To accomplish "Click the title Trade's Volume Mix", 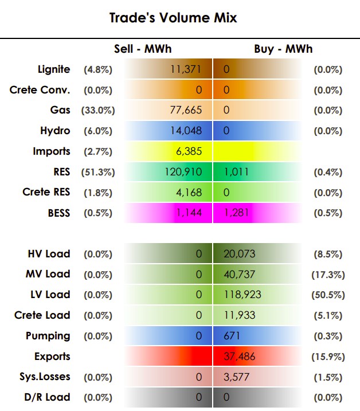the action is click(x=173, y=18).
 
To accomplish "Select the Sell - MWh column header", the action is click(x=143, y=49).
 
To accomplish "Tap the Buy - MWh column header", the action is click(x=283, y=49).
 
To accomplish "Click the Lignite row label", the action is click(x=54, y=69).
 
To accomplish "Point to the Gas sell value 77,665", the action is click(x=186, y=110).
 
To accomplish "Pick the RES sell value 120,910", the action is click(x=183, y=172).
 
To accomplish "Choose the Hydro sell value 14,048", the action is click(x=186, y=131).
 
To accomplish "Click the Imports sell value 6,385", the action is click(x=189, y=151).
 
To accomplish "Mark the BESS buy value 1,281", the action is click(x=236, y=213).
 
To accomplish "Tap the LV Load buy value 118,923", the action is click(x=242, y=295).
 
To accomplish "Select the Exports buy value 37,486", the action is click(x=240, y=357).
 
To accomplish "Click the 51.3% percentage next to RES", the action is click(x=98, y=172).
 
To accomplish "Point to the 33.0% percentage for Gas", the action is click(x=98, y=111).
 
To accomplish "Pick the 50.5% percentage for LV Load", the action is click(x=328, y=295).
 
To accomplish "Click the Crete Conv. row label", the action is click(x=40, y=90).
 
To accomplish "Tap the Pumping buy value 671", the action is click(x=232, y=336).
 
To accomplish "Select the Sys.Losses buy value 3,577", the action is click(x=236, y=377).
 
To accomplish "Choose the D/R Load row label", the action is click(x=47, y=397).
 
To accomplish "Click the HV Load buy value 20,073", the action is click(x=240, y=254).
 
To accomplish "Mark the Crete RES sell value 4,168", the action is click(x=189, y=193).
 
